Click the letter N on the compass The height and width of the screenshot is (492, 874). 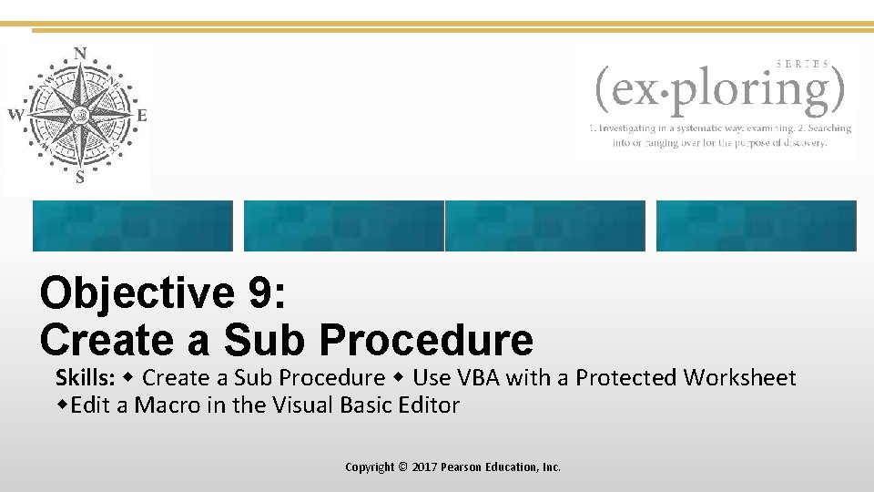point(80,54)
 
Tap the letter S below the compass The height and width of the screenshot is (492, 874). point(80,178)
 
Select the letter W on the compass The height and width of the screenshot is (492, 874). point(15,115)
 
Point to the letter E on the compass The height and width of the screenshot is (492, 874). point(141,116)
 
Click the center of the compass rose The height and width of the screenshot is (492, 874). point(80,115)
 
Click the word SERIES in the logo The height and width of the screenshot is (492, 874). point(802,64)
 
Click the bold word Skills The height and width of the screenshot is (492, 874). point(85,378)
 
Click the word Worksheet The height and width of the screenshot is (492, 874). point(740,378)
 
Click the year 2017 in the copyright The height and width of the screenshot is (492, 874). point(424,466)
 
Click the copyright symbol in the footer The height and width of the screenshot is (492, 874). point(403,466)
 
